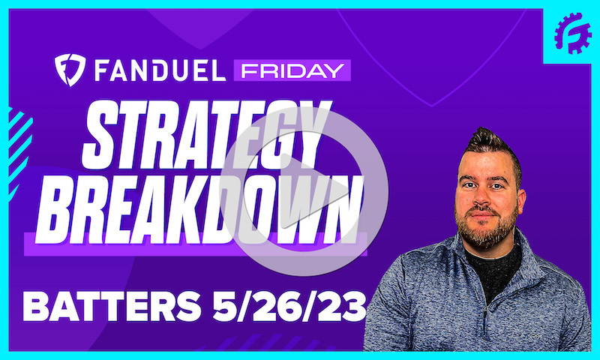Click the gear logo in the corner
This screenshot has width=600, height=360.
click(572, 33)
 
